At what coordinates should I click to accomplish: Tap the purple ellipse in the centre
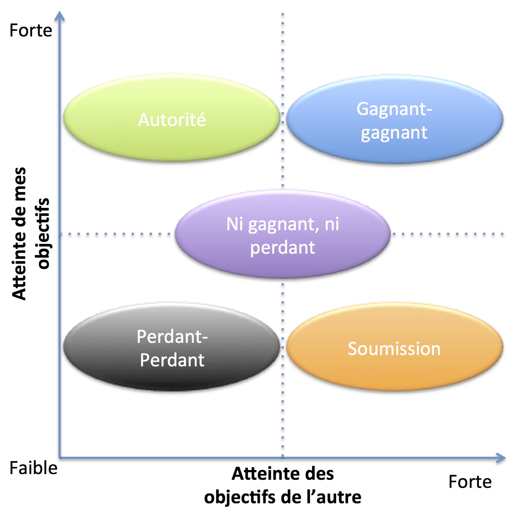point(283,259)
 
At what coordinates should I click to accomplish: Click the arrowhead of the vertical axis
point(60,16)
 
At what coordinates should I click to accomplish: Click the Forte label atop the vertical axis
point(31,31)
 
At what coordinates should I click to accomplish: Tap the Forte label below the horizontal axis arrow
point(470,482)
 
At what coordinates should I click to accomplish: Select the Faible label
point(33,468)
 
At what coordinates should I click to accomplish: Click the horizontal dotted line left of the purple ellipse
point(118,234)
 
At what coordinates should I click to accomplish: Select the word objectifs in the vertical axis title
point(43,233)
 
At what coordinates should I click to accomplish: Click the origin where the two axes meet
point(60,458)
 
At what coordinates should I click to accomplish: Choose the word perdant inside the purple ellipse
point(283,248)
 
